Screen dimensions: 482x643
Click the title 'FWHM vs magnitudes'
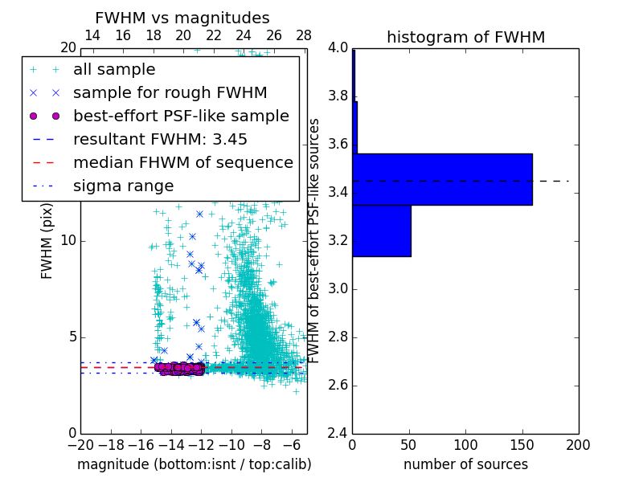[182, 18]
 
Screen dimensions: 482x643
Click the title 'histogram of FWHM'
[465, 37]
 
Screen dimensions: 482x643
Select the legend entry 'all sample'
[114, 70]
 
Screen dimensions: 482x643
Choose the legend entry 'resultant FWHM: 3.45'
[160, 140]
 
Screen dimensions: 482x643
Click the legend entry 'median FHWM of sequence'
[183, 163]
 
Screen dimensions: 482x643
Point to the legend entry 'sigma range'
[123, 186]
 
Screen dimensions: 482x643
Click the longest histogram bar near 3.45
[442, 179]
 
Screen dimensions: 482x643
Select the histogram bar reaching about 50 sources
[382, 231]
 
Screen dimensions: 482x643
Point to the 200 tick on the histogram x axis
[578, 444]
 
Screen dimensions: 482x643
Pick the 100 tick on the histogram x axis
[465, 444]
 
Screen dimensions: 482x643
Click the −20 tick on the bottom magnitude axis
[80, 444]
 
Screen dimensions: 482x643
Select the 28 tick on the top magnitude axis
[304, 35]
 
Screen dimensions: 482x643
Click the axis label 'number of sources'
[465, 464]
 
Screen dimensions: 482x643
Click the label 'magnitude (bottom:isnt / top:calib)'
[194, 464]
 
